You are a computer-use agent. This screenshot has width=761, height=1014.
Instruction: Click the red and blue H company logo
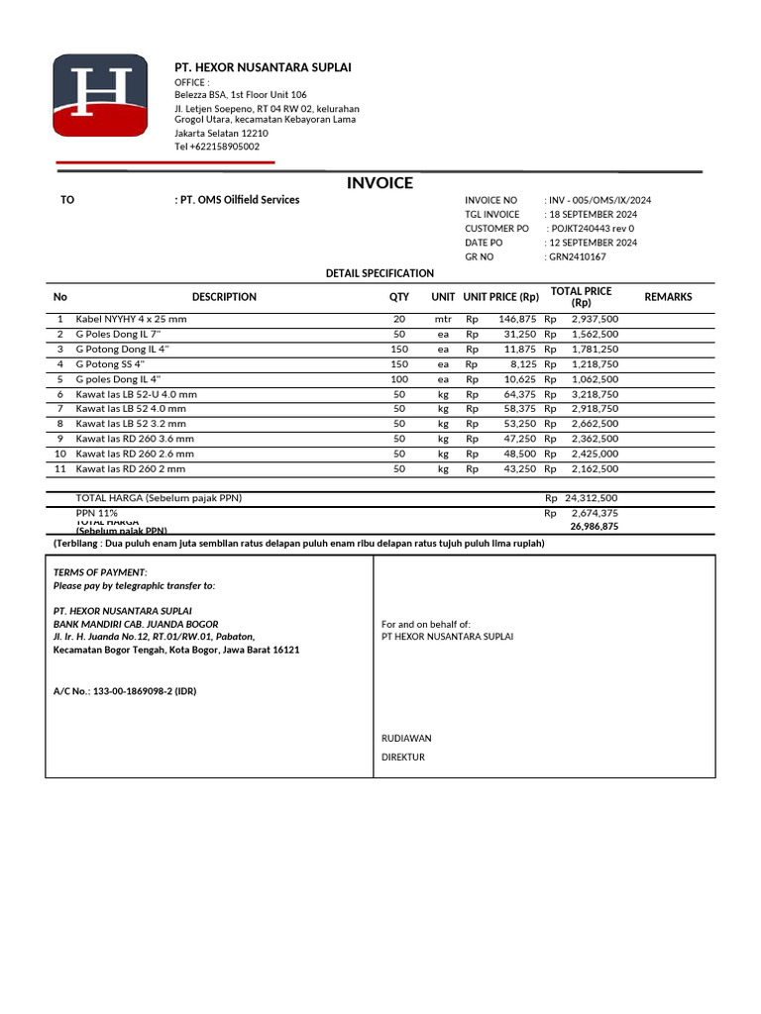coord(100,96)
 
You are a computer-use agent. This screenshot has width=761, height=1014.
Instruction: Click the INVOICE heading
coord(380,183)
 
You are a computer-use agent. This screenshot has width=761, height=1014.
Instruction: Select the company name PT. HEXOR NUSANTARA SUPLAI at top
coord(263,67)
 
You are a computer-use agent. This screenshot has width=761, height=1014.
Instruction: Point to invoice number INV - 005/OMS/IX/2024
coord(599,200)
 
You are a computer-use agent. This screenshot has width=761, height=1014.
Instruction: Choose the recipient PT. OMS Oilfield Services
coord(239,200)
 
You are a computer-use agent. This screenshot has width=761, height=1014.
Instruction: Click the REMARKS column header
coord(668,297)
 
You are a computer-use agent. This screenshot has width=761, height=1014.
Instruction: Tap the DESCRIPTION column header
coord(224,297)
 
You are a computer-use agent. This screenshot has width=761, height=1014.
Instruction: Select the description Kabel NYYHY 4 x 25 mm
coord(131,319)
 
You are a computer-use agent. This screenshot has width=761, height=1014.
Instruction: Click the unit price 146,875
coord(517,319)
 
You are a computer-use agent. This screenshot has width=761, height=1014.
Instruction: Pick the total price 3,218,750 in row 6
coord(595,394)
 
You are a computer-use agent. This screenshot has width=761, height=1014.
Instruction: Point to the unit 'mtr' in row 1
coord(443,319)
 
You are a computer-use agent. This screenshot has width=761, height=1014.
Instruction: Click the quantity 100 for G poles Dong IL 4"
coord(399,379)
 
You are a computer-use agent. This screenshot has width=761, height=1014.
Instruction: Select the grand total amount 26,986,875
coord(594,527)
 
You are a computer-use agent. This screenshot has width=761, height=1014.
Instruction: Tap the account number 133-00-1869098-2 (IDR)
coord(125,691)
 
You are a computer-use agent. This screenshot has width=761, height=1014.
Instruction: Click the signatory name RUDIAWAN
coord(406,738)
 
